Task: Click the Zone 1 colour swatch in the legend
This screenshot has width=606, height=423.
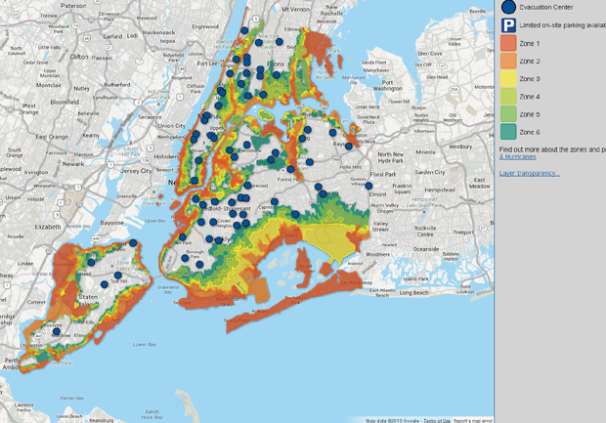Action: coord(508,43)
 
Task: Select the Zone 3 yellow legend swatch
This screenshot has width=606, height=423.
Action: coord(508,79)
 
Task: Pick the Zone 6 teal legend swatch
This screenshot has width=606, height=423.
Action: coord(508,132)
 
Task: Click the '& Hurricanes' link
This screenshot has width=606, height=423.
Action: coord(516,156)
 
